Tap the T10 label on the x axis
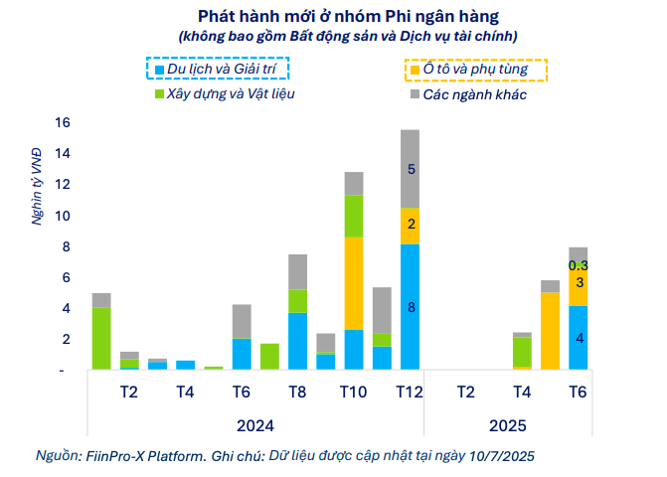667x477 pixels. coord(353,392)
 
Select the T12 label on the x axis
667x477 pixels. coord(410,392)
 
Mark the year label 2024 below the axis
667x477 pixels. coord(255,426)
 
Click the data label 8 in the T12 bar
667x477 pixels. coord(410,307)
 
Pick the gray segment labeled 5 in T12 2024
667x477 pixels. coord(410,169)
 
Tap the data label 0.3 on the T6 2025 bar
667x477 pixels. coord(579,265)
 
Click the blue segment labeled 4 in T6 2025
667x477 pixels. coord(578,338)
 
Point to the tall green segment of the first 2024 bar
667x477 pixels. coord(100,338)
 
